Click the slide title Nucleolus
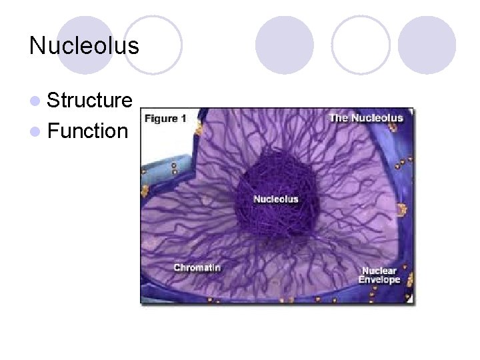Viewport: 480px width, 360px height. [x=84, y=46]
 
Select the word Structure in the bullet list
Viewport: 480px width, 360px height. [x=90, y=101]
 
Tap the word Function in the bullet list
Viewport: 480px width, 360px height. [x=87, y=131]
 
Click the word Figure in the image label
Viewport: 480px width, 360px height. [x=161, y=119]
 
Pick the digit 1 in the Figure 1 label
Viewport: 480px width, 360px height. [x=183, y=119]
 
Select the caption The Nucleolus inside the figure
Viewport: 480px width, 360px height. [x=366, y=118]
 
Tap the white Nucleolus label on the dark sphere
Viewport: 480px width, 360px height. [x=276, y=199]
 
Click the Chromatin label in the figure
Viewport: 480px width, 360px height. [x=197, y=267]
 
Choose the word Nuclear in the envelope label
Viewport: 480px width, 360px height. [x=379, y=271]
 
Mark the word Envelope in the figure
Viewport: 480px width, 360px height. [x=379, y=280]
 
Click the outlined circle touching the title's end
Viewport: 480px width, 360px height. [x=153, y=45]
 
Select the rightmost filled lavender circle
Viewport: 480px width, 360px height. [x=427, y=45]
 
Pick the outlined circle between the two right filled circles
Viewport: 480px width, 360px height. [x=361, y=45]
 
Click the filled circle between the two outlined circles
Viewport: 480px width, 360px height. [x=285, y=45]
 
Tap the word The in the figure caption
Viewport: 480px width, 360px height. [x=338, y=118]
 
